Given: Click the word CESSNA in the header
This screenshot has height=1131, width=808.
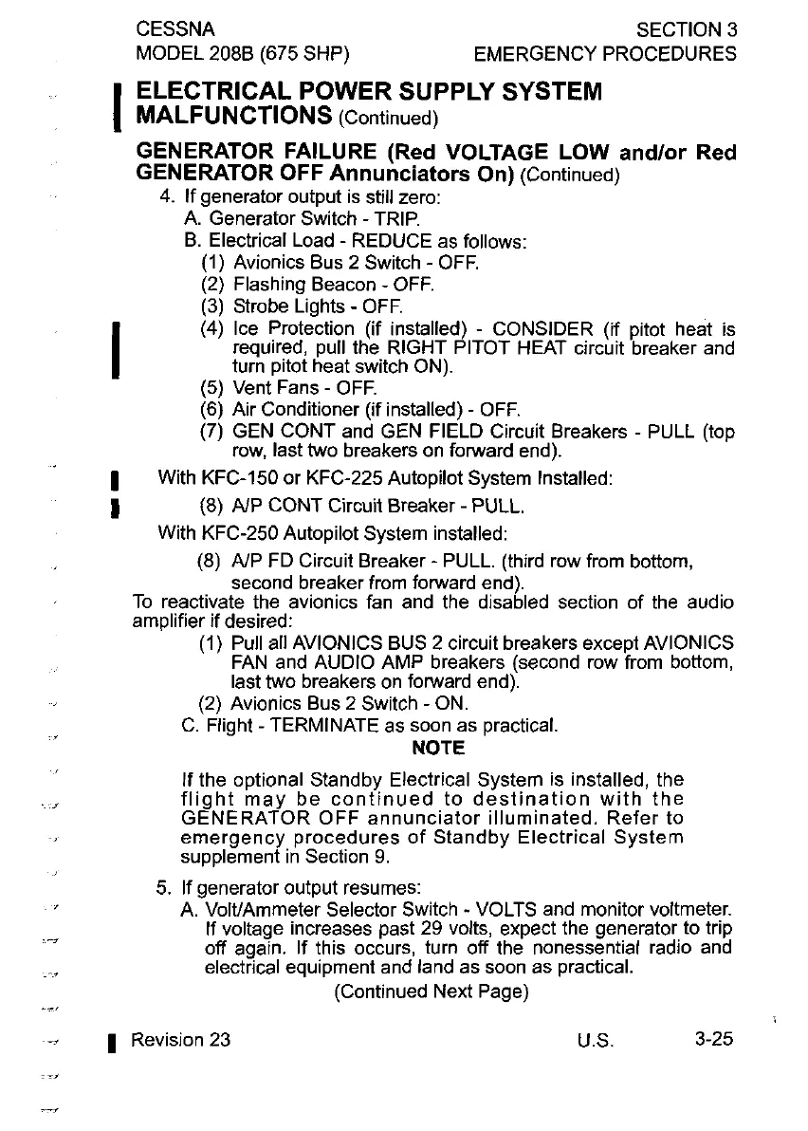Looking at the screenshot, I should coord(174,29).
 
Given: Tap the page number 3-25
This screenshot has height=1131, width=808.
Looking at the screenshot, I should coord(713,1039).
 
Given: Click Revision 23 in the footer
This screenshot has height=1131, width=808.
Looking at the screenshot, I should coord(180,1039).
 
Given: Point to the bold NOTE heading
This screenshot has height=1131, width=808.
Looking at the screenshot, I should coord(438,749).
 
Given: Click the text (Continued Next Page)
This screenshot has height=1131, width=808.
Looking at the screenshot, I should coord(431,992).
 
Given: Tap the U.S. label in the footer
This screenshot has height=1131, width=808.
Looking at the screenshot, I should coord(595,1040).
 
